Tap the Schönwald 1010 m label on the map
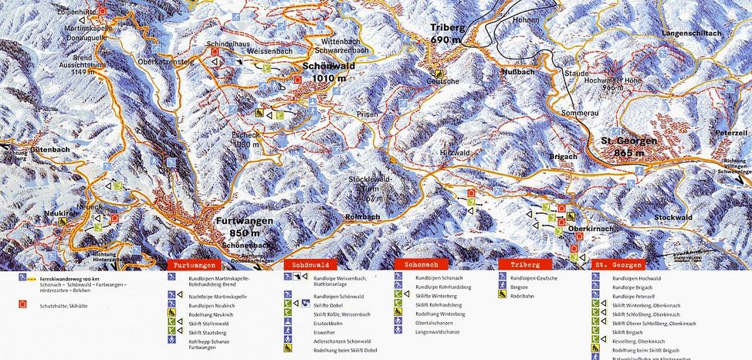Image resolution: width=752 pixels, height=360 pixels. pos(329,72)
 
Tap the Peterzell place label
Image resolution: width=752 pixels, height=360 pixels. pos(731,134)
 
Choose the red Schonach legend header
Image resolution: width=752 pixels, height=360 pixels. pos(419,264)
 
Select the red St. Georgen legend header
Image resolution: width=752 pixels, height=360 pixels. pos(618,264)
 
